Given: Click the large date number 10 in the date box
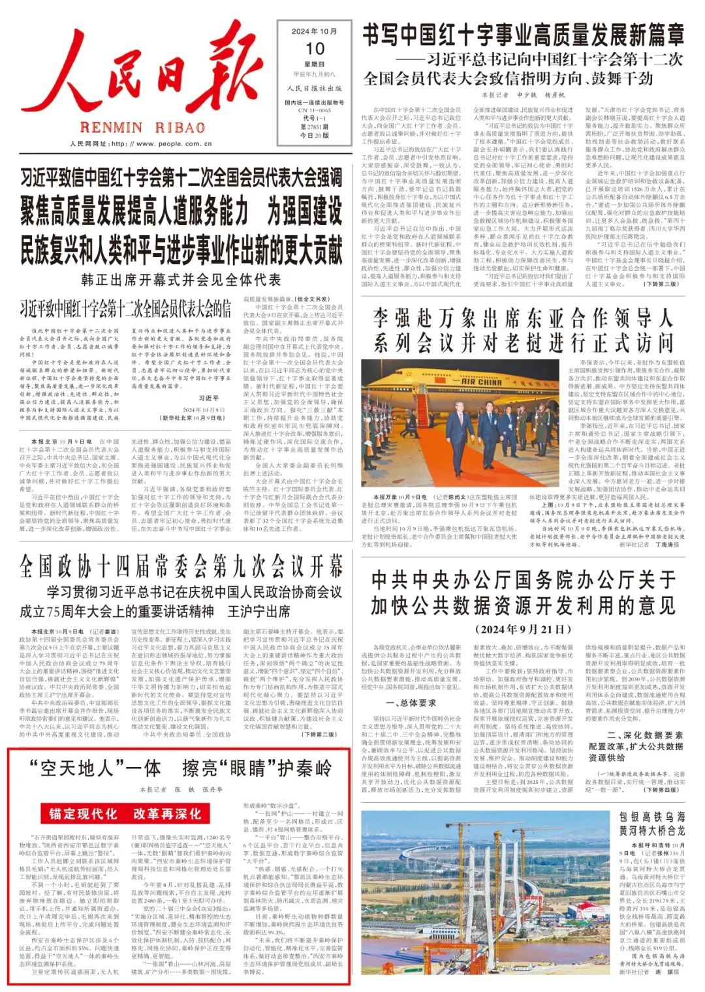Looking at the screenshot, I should click(x=315, y=49).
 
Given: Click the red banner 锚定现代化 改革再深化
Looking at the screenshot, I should click(x=125, y=813).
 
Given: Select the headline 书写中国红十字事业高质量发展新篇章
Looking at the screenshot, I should click(x=523, y=35).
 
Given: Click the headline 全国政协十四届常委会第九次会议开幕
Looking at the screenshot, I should click(x=181, y=566).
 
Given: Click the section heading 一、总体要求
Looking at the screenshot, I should click(x=411, y=703).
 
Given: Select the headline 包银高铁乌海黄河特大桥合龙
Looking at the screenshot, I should click(x=652, y=824).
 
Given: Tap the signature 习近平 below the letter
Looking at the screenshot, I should click(x=208, y=398).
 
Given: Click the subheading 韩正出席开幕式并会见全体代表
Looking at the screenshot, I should click(x=181, y=280).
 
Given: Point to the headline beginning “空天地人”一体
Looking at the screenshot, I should click(x=181, y=768).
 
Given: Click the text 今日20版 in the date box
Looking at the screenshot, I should click(x=314, y=135).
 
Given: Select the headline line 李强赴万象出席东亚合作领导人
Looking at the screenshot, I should click(x=523, y=318).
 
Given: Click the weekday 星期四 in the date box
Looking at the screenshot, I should click(x=314, y=64).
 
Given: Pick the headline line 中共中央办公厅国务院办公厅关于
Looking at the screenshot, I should click(x=523, y=579).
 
